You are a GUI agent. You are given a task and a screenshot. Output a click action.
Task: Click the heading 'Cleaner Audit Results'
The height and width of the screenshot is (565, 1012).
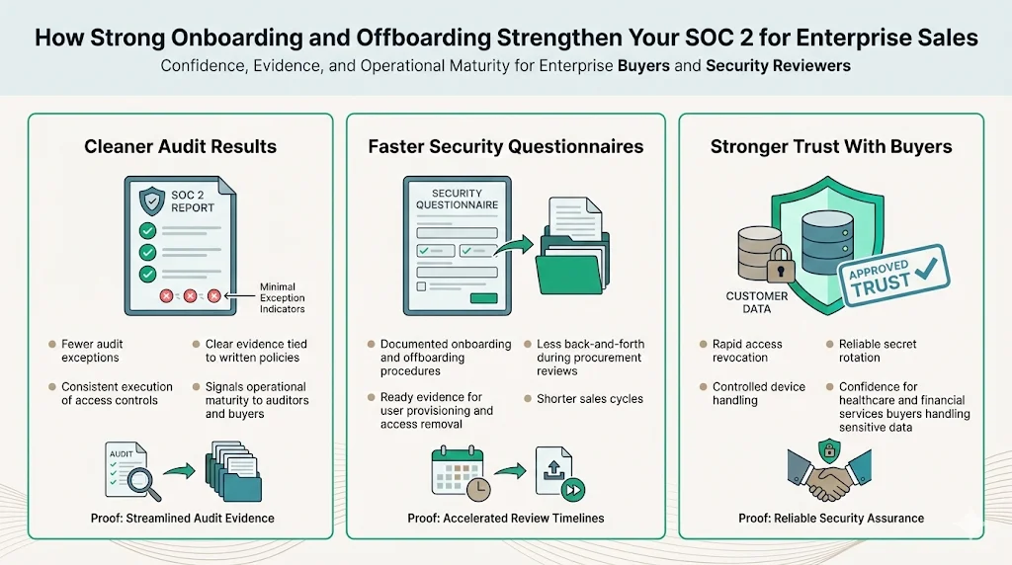point(180,147)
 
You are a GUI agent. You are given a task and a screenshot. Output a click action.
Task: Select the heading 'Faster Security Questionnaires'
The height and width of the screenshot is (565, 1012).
point(505,147)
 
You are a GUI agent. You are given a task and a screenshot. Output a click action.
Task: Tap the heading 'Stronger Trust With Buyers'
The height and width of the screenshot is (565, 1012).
point(830,147)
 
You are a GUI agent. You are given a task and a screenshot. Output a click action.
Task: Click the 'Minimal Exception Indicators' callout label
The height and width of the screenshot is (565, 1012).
point(283,297)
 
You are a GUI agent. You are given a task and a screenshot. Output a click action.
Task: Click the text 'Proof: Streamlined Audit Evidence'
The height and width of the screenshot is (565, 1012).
point(180,519)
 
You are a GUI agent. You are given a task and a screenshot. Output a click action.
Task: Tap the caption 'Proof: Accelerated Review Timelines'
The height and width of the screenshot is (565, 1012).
point(505,519)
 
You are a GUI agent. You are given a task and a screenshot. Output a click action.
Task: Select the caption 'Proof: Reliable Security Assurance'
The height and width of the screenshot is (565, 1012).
point(830,519)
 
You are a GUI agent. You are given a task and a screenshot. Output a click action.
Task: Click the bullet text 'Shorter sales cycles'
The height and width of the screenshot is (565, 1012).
point(589,399)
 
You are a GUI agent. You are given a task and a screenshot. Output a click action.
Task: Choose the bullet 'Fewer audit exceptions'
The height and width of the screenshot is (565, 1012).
point(91,351)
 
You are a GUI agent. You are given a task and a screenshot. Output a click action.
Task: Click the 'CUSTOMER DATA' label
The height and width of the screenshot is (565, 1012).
point(756,302)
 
